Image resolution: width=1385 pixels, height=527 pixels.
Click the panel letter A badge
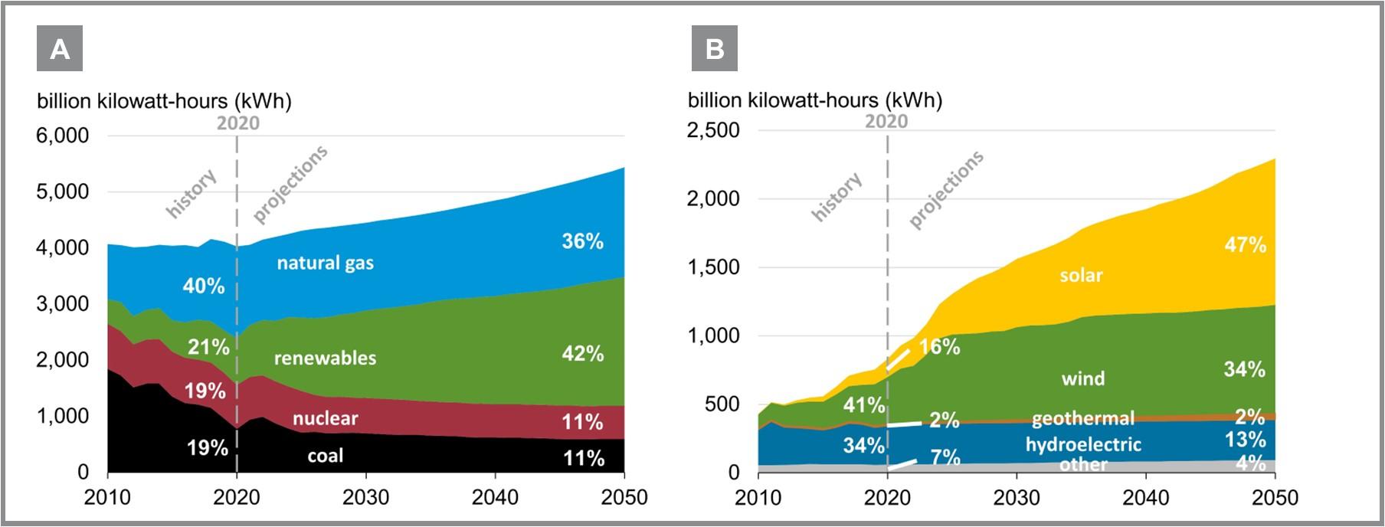click(60, 49)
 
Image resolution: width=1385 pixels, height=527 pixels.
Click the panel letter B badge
click(714, 49)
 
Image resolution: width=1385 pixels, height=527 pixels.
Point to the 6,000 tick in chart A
click(63, 136)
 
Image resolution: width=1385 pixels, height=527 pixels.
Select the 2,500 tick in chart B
click(713, 130)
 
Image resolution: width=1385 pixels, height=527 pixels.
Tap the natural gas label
click(325, 263)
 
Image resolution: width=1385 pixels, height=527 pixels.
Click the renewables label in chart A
click(325, 358)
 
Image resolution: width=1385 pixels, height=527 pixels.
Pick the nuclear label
click(325, 418)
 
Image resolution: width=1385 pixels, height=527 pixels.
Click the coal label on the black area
click(325, 456)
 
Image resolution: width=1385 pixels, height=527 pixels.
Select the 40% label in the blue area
click(204, 286)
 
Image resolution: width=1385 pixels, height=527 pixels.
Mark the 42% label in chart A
click(582, 354)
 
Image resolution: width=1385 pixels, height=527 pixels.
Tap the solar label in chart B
click(1081, 275)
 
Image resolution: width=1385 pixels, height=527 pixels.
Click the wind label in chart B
click(1082, 378)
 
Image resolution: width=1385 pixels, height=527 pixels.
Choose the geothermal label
click(1082, 418)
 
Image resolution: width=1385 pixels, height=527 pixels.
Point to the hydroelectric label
click(1083, 444)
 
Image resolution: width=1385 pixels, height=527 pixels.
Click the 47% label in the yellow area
click(1245, 245)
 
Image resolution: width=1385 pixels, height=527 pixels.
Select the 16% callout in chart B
click(939, 347)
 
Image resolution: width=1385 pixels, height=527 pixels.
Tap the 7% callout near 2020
click(945, 457)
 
